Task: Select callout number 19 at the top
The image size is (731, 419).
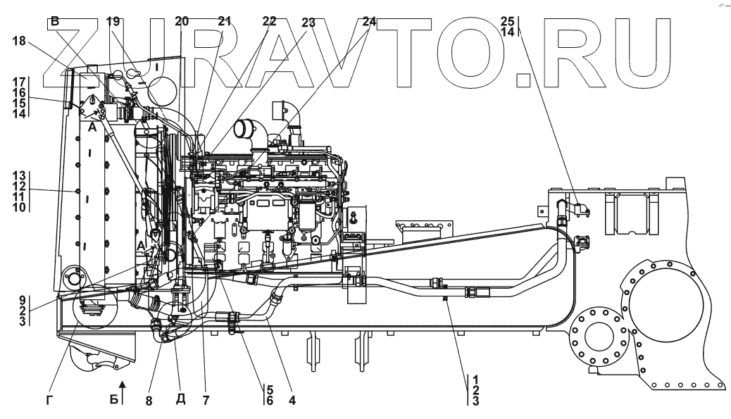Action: (113, 22)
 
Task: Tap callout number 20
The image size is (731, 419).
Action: (182, 22)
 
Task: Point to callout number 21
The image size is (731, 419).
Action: (224, 22)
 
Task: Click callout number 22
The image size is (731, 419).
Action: (269, 22)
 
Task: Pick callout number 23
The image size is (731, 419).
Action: (308, 22)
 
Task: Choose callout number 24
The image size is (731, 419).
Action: (370, 22)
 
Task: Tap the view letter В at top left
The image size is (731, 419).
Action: (54, 22)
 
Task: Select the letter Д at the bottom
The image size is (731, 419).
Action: (180, 401)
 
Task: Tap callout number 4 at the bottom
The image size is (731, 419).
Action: (292, 401)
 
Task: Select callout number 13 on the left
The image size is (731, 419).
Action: (22, 175)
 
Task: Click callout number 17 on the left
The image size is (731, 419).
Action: (22, 82)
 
